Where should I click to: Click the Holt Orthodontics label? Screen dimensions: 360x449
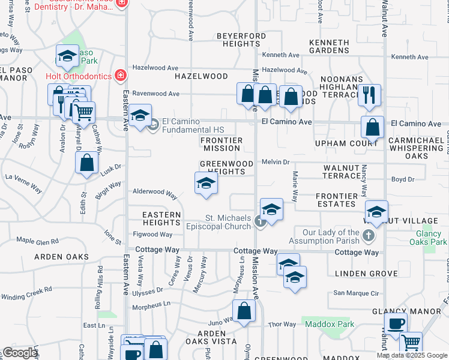79,76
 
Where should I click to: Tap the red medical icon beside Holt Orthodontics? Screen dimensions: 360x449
121,76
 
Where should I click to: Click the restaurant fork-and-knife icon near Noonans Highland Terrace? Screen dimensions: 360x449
369,94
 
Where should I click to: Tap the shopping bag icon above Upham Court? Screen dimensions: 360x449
372,127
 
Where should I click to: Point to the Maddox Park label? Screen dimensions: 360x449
330,324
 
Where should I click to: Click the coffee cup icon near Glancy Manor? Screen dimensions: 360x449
396,324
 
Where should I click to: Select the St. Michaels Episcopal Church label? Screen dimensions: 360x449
228,222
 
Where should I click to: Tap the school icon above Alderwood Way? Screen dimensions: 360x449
205,183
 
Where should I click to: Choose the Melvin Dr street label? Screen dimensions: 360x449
276,162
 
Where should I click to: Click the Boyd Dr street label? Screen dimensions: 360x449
403,179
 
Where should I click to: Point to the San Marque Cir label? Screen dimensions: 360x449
357,293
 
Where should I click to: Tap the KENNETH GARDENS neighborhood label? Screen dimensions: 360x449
329,47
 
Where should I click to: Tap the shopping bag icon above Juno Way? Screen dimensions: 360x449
244,311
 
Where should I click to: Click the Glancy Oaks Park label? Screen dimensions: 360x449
427,238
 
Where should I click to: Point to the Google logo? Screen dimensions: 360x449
20,353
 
